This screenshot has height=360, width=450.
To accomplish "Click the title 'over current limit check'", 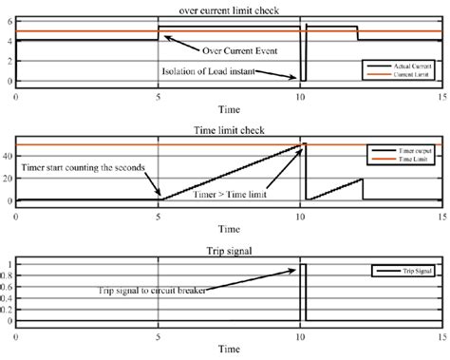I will [x=227, y=9].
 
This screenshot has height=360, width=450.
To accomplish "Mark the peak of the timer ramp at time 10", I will [x=303, y=144].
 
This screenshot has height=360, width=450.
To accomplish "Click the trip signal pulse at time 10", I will [x=303, y=285].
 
